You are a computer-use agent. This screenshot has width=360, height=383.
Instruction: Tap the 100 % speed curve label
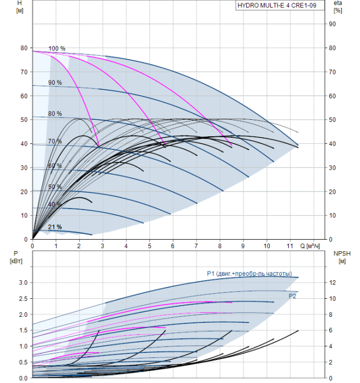tap(56, 49)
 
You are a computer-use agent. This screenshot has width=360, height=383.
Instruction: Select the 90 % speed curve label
tap(55, 83)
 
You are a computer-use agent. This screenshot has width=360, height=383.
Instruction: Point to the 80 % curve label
tap(55, 114)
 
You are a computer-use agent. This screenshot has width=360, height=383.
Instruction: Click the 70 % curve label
tap(55, 142)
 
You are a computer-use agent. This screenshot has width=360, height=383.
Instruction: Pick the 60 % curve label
tap(55, 166)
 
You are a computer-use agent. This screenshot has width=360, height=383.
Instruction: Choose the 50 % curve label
tap(55, 187)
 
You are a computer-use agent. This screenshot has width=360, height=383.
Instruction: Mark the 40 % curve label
tap(55, 205)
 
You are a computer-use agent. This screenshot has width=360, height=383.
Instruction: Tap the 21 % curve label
tap(55, 227)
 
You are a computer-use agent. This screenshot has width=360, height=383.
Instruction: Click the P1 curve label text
tap(249, 274)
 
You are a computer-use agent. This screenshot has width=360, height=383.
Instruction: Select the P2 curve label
tap(294, 295)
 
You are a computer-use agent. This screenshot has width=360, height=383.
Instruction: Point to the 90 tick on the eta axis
tap(332, 24)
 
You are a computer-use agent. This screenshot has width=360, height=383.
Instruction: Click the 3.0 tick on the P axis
tap(23, 282)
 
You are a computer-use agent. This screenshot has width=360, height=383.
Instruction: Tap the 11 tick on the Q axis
tap(291, 247)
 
